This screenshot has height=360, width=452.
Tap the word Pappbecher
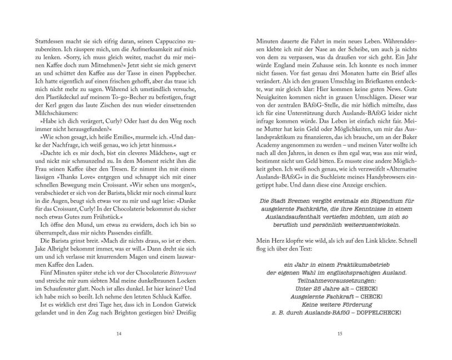pos(188,73)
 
